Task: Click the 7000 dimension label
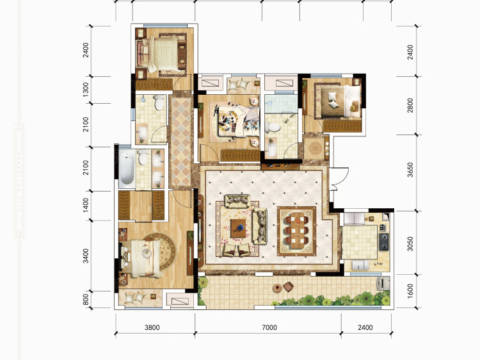pos(269,327)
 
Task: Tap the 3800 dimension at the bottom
pos(152,327)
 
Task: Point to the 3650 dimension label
pos(410,170)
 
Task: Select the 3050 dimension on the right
pos(410,243)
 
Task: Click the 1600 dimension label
pos(410,291)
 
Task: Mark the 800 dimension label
pos(86,300)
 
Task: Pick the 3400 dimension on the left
pos(86,256)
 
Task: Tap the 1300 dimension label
pos(86,90)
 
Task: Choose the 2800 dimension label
pos(410,106)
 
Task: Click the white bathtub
pos(127,168)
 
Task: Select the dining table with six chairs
pos(296,231)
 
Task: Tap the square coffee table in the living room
pos(238,228)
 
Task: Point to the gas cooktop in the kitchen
pos(384,241)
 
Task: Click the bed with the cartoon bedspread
pos(236,120)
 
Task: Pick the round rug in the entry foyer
pos(315,149)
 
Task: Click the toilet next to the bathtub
pos(142,157)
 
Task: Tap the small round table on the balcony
pos(277,288)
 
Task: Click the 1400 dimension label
pos(86,205)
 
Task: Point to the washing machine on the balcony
pos(383,283)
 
